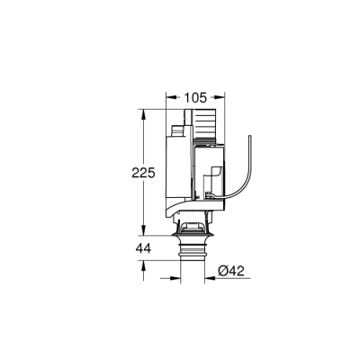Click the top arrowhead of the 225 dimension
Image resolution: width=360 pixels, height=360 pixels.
(143, 114)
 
